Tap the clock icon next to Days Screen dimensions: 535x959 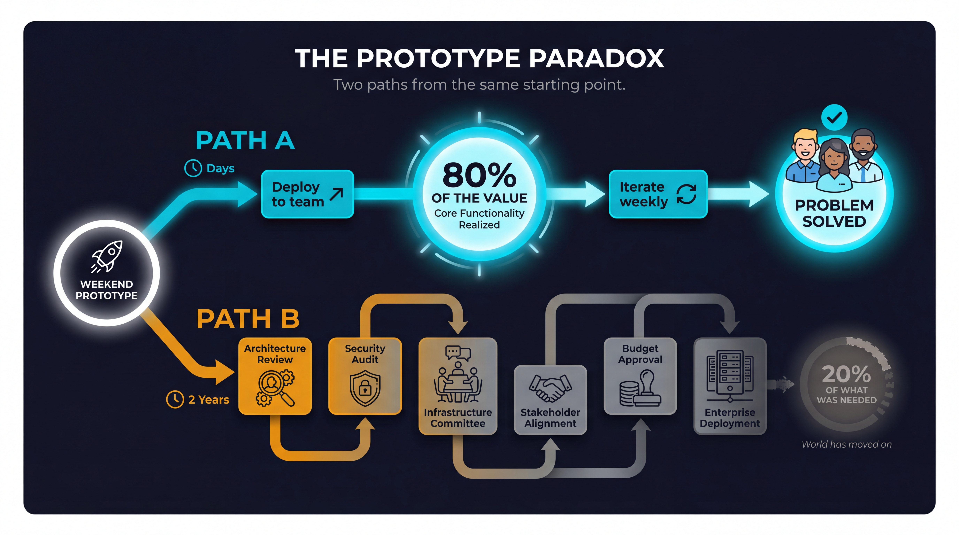tap(193, 168)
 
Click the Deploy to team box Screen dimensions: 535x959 tap(307, 194)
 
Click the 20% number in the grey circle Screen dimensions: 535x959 tap(846, 374)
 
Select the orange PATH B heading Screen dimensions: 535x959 tap(248, 319)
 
